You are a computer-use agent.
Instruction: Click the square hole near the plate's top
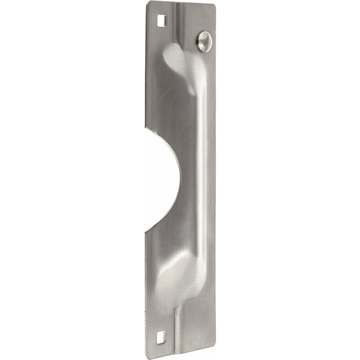click(162, 21)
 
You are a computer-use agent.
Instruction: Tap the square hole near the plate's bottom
click(161, 337)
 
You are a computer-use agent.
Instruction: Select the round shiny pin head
click(204, 41)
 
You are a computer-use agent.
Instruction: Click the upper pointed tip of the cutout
click(146, 126)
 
